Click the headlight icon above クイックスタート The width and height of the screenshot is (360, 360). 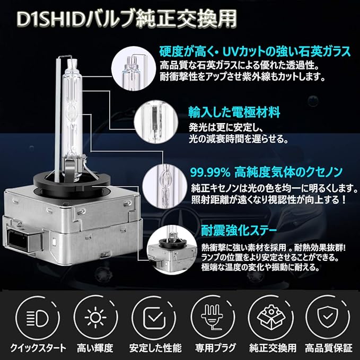point(38,318)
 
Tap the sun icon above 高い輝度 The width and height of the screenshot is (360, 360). point(95,318)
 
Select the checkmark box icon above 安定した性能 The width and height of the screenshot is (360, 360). point(154,318)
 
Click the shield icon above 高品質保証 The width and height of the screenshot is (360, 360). point(328,318)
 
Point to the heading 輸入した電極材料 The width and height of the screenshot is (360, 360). point(234,112)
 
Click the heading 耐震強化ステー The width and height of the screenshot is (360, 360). point(239,230)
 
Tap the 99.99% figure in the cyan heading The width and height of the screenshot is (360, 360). point(210,173)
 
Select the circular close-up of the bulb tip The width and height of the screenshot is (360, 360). point(134,68)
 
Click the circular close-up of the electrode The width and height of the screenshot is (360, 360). point(156,122)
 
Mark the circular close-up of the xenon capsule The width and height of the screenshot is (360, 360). point(165,187)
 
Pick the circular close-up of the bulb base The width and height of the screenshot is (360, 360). point(172,248)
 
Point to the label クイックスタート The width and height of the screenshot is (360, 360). point(38,348)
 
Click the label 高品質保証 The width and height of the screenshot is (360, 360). point(329,348)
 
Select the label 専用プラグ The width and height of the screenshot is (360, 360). point(216,348)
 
